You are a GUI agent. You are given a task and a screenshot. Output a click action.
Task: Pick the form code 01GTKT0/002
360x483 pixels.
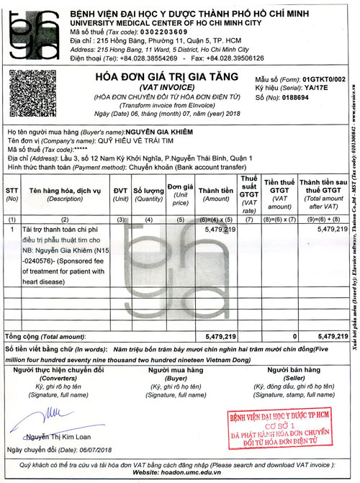click(324, 77)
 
